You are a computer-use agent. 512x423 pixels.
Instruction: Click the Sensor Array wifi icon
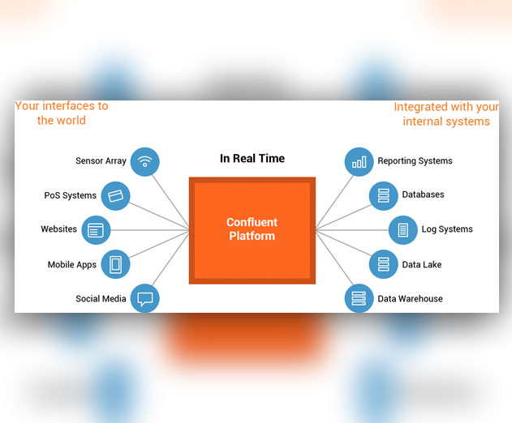pyautogui.click(x=145, y=162)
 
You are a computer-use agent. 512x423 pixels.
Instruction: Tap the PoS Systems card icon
pyautogui.click(x=115, y=196)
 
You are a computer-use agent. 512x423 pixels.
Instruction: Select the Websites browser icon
pyautogui.click(x=96, y=230)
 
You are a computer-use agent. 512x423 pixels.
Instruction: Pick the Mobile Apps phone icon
pyautogui.click(x=115, y=264)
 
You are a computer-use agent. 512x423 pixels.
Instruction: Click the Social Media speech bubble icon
pyautogui.click(x=145, y=298)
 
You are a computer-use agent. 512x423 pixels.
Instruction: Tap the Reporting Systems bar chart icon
pyautogui.click(x=359, y=162)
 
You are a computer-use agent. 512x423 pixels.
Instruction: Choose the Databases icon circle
pyautogui.click(x=384, y=196)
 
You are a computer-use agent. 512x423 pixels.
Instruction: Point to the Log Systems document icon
pyautogui.click(x=403, y=230)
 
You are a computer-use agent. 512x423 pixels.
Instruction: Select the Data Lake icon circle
pyautogui.click(x=384, y=264)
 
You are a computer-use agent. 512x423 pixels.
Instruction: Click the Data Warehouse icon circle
pyautogui.click(x=359, y=298)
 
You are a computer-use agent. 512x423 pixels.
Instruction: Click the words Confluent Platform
pyautogui.click(x=252, y=229)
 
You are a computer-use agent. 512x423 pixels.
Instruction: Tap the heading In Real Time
pyautogui.click(x=252, y=159)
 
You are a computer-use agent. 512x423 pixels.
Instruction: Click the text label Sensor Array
pyautogui.click(x=101, y=160)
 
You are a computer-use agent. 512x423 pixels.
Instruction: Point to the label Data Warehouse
pyautogui.click(x=410, y=299)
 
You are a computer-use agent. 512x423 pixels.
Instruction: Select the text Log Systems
pyautogui.click(x=447, y=229)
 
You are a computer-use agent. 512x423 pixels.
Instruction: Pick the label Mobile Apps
pyautogui.click(x=72, y=264)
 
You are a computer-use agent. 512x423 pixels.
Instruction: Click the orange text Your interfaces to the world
pyautogui.click(x=62, y=113)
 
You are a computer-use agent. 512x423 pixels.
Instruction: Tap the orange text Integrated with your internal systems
pyautogui.click(x=446, y=114)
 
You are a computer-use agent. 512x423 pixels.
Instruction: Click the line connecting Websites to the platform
pyautogui.click(x=150, y=230)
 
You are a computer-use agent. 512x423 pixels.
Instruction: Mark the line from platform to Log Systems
pyautogui.click(x=352, y=230)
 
